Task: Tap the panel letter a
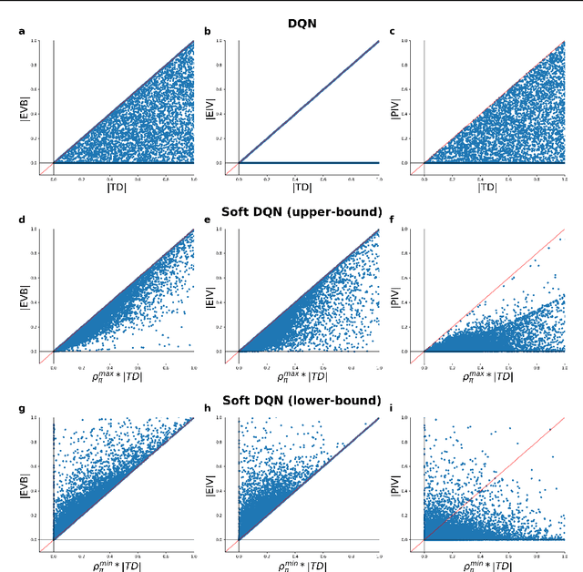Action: click(x=23, y=33)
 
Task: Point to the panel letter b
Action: click(x=208, y=33)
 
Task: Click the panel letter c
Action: click(x=393, y=33)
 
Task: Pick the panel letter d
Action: click(x=23, y=221)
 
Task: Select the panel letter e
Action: click(x=208, y=221)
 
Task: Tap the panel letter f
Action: click(x=393, y=221)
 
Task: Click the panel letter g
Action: click(x=23, y=410)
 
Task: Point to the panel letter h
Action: click(x=208, y=410)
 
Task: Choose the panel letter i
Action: click(x=393, y=410)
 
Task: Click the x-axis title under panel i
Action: click(x=488, y=565)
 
